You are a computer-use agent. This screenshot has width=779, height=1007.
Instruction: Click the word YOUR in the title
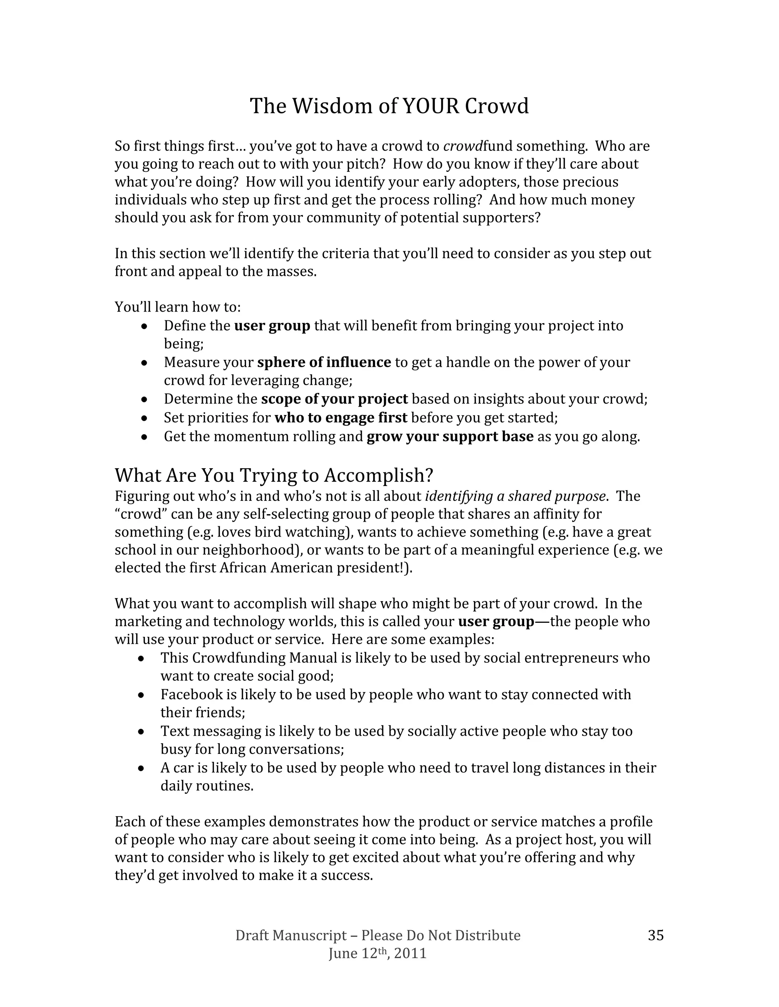tap(431, 106)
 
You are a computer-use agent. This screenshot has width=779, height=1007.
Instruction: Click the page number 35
tap(655, 935)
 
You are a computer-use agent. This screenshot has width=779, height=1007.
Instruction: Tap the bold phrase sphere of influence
tap(324, 363)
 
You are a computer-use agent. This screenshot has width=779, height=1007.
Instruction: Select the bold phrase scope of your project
tap(334, 399)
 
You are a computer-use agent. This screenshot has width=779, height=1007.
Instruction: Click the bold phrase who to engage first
tap(340, 418)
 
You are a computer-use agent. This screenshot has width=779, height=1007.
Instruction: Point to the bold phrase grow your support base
tap(450, 437)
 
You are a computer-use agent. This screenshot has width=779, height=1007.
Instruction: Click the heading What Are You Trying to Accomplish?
tap(274, 475)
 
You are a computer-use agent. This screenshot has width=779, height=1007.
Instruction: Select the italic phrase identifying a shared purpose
tap(515, 496)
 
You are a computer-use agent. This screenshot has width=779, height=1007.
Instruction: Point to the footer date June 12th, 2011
tap(377, 953)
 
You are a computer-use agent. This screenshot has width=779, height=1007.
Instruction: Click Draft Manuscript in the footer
tap(291, 935)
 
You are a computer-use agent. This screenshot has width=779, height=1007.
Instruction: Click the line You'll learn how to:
tap(178, 307)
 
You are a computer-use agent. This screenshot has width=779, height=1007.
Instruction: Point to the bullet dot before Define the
tap(145, 326)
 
